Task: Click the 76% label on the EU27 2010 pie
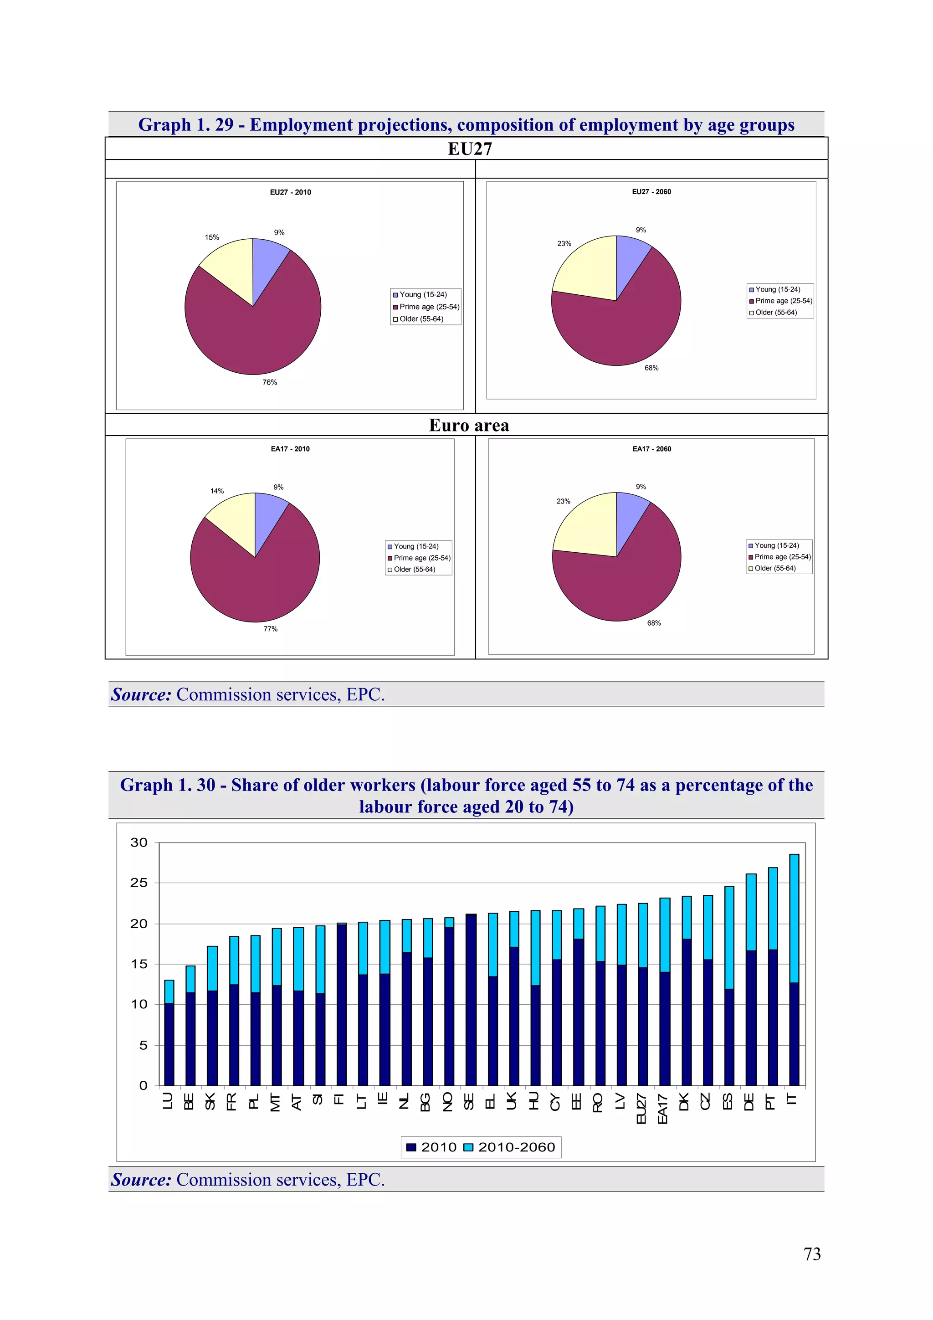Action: tap(270, 382)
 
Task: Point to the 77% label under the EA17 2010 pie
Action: tap(270, 629)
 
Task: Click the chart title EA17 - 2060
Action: tap(651, 449)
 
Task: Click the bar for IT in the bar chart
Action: tap(794, 977)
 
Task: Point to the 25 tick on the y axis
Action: tap(138, 883)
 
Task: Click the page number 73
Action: tap(812, 1254)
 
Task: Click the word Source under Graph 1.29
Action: tap(141, 694)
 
